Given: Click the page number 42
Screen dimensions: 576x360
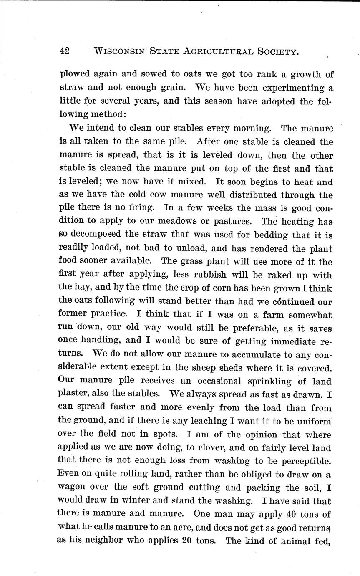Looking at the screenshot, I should [65, 51].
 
